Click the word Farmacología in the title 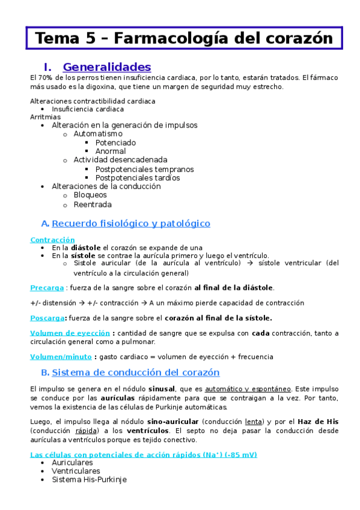click(169, 38)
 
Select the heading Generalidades click(106, 67)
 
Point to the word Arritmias click(41, 117)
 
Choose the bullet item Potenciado click(115, 143)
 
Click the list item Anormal click(111, 152)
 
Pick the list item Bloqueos click(90, 195)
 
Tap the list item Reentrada click(93, 204)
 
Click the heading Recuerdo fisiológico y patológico click(131, 224)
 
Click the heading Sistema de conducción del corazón click(136, 373)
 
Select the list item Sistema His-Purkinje click(89, 480)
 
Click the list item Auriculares click(72, 463)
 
